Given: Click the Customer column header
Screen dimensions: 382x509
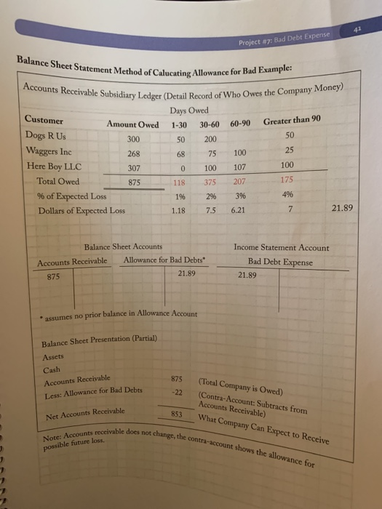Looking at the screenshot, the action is pyautogui.click(x=44, y=120).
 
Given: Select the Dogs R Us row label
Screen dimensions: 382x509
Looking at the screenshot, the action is pyautogui.click(x=46, y=135).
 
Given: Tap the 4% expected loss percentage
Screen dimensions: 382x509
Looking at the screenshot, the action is pyautogui.click(x=290, y=195).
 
